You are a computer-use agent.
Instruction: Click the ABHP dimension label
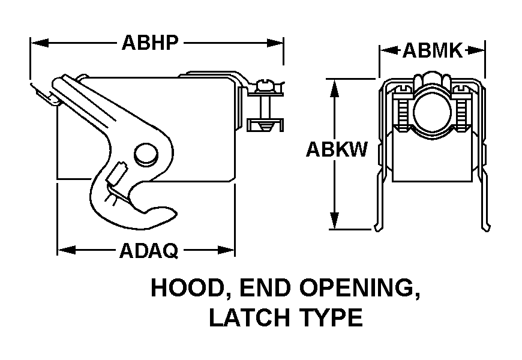[150, 43]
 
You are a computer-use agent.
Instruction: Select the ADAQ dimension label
[149, 251]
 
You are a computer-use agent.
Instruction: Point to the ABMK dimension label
[432, 51]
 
